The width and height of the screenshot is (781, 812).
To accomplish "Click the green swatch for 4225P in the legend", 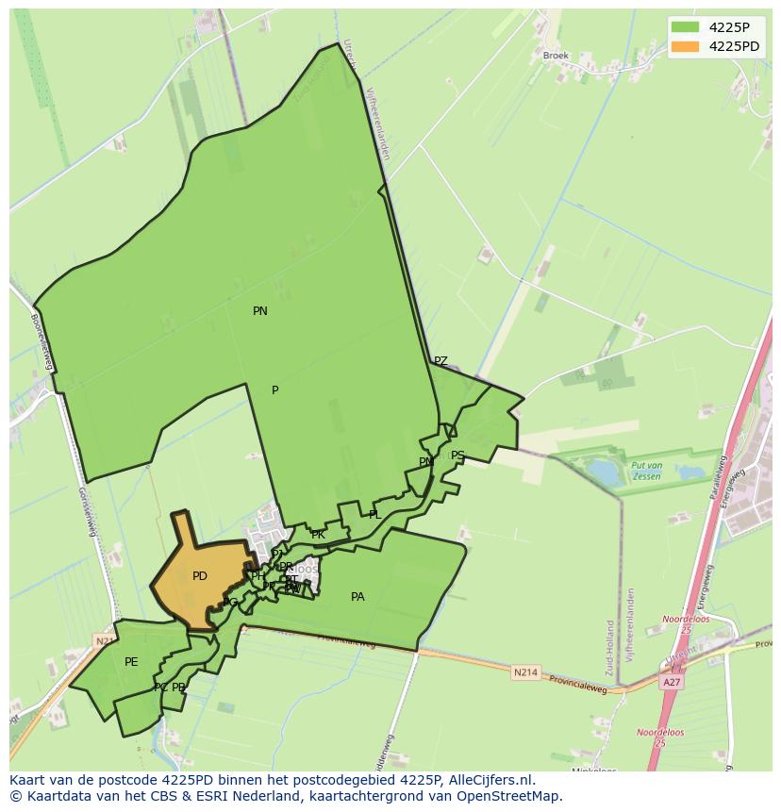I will click(685, 27).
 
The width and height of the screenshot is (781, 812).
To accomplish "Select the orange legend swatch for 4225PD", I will click(685, 46).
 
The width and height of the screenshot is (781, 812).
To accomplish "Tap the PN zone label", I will click(260, 311).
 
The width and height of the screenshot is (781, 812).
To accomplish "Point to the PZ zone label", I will click(440, 361).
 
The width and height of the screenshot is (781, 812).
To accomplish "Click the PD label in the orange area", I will click(200, 576).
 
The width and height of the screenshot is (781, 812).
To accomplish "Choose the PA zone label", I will click(357, 597).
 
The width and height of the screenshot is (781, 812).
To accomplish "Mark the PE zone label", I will click(131, 662).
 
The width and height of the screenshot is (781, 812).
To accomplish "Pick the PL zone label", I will click(374, 515).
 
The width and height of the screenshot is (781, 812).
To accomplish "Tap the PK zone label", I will click(318, 535).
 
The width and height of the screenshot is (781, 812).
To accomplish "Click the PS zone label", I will click(457, 456).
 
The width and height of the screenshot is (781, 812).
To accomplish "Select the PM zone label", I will click(426, 462).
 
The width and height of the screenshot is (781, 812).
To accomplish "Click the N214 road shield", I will click(525, 672).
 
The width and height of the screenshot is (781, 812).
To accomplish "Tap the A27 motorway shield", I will click(672, 682).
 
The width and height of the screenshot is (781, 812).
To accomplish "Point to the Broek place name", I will click(556, 56).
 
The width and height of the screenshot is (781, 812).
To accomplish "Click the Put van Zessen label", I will click(647, 472).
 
